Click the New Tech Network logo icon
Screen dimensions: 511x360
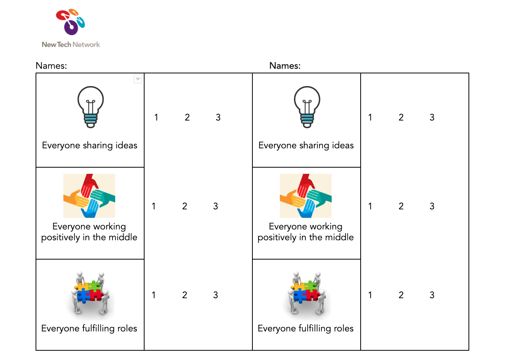[x=70, y=22]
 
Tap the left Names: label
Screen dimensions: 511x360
[x=51, y=66]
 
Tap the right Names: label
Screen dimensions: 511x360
[x=285, y=66]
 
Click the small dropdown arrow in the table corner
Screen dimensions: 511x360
[x=138, y=79]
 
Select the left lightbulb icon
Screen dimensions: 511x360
[x=90, y=107]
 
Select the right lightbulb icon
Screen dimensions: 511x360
[x=307, y=107]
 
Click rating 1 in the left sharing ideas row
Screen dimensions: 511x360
[x=156, y=117]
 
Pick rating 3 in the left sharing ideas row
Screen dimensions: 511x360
[x=218, y=117]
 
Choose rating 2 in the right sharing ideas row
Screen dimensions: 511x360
[x=401, y=117]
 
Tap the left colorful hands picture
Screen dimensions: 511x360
[x=89, y=195]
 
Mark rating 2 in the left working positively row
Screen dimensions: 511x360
[x=184, y=206]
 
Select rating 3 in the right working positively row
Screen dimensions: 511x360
[x=432, y=206]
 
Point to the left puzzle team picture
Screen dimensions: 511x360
[x=90, y=295]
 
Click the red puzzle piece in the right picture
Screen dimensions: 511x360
[x=312, y=295]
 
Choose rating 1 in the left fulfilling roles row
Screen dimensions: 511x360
[x=153, y=295]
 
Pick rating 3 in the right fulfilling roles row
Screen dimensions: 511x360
[x=432, y=295]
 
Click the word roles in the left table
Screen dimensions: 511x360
[x=127, y=329]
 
